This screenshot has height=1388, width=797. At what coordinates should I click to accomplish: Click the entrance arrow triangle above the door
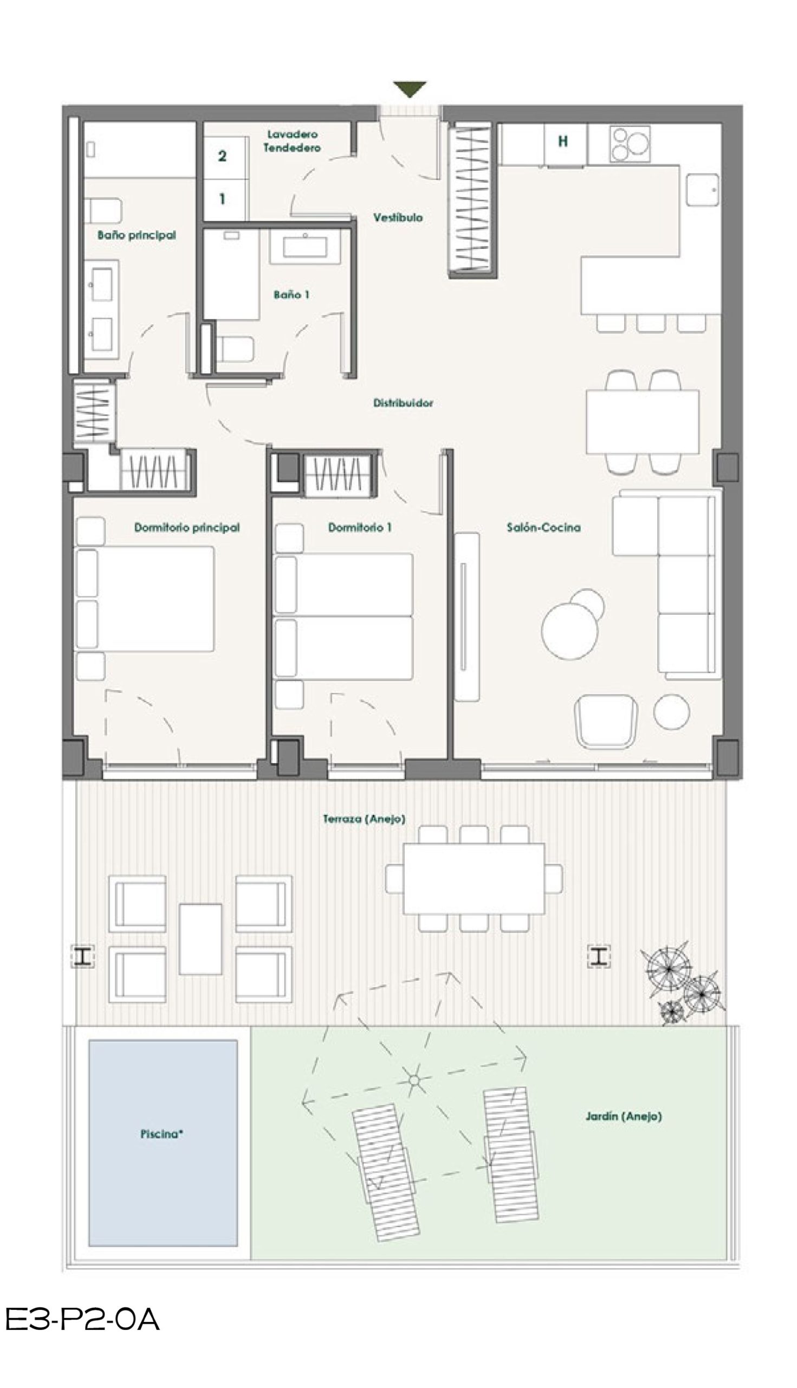click(410, 89)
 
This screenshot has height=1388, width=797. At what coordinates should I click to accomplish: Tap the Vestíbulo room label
click(398, 217)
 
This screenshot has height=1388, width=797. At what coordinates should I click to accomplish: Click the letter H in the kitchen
click(563, 142)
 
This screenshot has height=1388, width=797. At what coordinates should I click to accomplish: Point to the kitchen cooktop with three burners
click(630, 144)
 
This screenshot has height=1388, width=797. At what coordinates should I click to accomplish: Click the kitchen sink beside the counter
click(703, 190)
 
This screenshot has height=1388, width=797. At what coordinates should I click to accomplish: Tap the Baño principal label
click(137, 235)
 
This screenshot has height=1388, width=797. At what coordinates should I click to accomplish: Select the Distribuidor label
click(404, 403)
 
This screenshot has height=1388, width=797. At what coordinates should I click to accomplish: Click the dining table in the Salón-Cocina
click(643, 422)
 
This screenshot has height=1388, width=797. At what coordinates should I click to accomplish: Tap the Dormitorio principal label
click(187, 528)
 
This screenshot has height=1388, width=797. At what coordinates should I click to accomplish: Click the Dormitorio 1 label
click(360, 528)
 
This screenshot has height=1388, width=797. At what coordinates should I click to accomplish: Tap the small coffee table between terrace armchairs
click(200, 940)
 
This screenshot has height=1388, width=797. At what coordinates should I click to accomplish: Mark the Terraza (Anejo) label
click(364, 819)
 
